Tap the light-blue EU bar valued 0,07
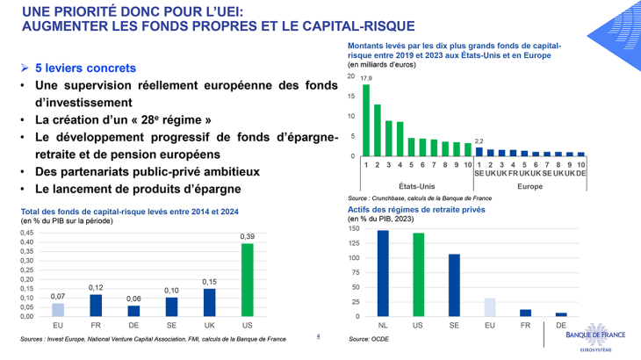58,309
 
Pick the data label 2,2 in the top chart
479,140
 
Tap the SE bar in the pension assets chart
454,285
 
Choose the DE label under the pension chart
561,325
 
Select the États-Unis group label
418,186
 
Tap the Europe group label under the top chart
529,186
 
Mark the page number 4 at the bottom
318,335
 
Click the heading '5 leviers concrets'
85,68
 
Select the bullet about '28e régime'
122,119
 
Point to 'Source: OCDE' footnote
370,338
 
